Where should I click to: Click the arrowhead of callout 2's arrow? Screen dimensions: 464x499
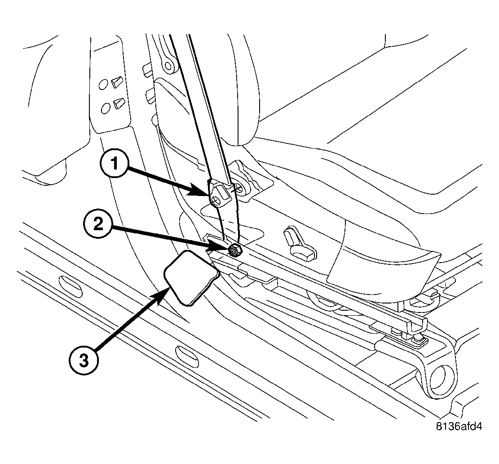tap(227, 247)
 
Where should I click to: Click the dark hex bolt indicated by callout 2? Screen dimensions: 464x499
tap(235, 250)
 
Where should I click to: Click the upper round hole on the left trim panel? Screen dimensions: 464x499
tap(103, 84)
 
